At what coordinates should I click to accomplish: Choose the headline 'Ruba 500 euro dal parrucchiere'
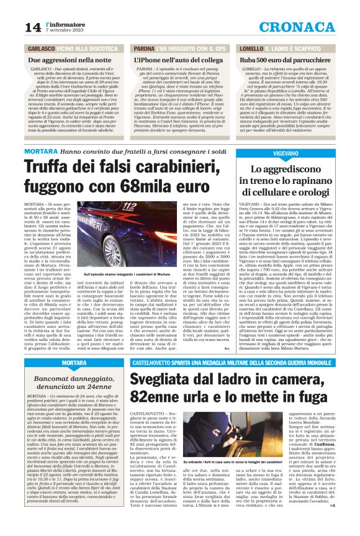pyautogui.click(x=283, y=60)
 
